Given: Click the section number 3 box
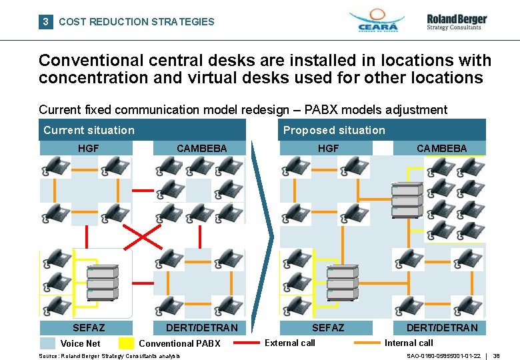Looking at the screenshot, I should (x=45, y=21).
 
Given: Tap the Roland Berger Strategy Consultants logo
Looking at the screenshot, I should (x=457, y=22).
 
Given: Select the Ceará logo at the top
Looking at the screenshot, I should (x=377, y=21).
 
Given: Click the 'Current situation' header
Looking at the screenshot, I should (x=89, y=130).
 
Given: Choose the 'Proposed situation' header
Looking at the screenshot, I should (x=334, y=130).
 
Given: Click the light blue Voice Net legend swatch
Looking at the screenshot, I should (x=47, y=343).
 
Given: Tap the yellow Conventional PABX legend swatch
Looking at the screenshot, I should (x=126, y=343).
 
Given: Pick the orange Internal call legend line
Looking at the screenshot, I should (x=367, y=343).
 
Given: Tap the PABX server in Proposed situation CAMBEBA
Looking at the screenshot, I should (x=407, y=200).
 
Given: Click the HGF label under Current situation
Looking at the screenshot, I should (x=89, y=148).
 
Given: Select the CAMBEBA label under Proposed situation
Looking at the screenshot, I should (x=442, y=148).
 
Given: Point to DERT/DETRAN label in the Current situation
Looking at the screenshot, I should (x=201, y=327).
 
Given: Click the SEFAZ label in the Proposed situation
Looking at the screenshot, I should (x=328, y=327).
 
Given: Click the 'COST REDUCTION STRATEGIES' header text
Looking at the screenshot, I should (x=137, y=21).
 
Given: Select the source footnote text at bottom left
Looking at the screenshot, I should (x=109, y=356).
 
